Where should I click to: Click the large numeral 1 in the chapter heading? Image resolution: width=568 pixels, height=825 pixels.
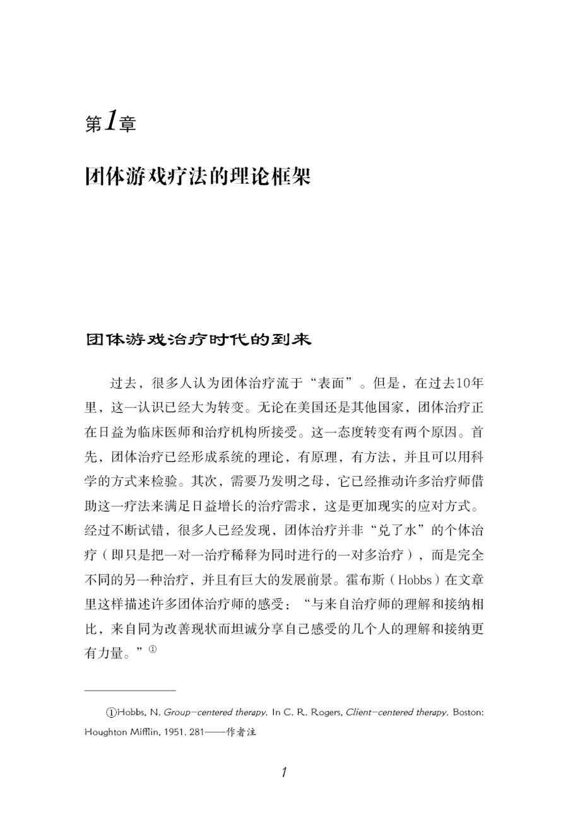tap(111, 121)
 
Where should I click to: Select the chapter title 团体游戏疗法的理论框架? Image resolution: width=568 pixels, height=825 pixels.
tap(198, 176)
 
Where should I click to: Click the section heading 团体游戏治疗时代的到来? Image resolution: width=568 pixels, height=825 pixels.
tap(198, 339)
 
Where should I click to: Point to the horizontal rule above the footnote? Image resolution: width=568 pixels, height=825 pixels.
tap(130, 690)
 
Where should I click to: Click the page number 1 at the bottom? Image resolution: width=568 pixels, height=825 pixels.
tap(284, 771)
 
